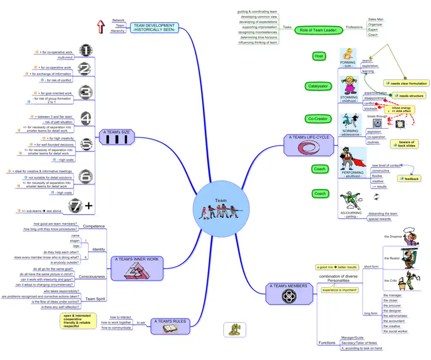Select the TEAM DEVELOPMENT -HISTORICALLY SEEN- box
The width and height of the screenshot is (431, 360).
(x=154, y=27)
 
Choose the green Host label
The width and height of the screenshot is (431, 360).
(x=319, y=56)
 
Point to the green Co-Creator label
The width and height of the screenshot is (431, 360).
(x=318, y=119)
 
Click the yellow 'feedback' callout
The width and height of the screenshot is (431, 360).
(x=409, y=179)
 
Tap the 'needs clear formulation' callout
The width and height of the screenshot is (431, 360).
(x=406, y=83)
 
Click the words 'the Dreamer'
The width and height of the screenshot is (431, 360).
(x=393, y=236)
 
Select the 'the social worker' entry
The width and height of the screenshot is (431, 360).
(x=395, y=331)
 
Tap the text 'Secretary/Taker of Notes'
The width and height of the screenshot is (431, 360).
(x=361, y=342)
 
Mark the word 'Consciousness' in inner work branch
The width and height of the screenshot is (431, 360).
(x=92, y=277)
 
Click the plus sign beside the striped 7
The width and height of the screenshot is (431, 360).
(x=89, y=206)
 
